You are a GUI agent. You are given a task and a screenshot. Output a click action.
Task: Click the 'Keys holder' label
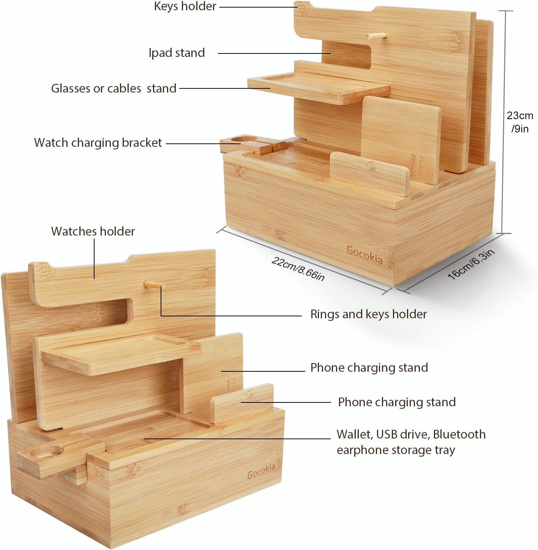pyautogui.click(x=185, y=6)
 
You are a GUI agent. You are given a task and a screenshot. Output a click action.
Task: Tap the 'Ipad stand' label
pyautogui.click(x=177, y=53)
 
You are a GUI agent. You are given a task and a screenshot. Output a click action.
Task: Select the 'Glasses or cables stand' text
pyautogui.click(x=114, y=89)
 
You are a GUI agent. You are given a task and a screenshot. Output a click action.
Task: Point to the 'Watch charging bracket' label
pyautogui.click(x=98, y=143)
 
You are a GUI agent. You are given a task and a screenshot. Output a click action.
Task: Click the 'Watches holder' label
pyautogui.click(x=93, y=231)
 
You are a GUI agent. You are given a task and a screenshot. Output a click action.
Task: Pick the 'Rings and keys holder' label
pyautogui.click(x=368, y=314)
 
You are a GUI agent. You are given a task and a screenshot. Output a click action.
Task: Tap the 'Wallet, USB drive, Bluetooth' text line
pyautogui.click(x=411, y=435)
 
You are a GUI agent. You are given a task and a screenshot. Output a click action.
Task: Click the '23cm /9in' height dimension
pyautogui.click(x=520, y=122)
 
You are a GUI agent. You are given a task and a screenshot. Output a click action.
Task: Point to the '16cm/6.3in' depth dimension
pyautogui.click(x=471, y=264)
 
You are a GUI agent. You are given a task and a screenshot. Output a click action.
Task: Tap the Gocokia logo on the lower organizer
pyautogui.click(x=261, y=471)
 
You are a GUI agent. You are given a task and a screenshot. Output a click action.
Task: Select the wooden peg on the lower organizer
pyautogui.click(x=153, y=284)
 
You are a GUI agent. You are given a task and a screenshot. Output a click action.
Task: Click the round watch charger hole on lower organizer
pyautogui.click(x=46, y=451)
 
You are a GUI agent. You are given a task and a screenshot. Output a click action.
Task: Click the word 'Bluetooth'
pyautogui.click(x=459, y=435)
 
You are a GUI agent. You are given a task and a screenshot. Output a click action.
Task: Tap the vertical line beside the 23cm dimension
pyautogui.click(x=505, y=121)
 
